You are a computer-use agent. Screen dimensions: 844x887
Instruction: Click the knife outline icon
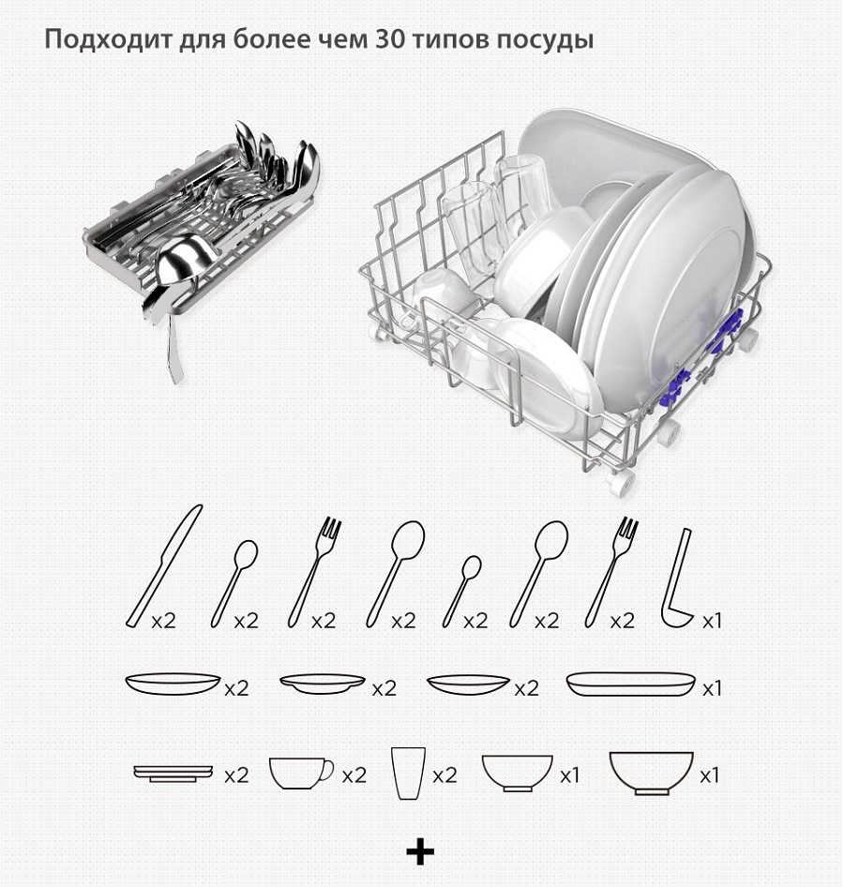pyautogui.click(x=163, y=565)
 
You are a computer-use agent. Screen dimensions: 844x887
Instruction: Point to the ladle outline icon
pyautogui.click(x=676, y=579)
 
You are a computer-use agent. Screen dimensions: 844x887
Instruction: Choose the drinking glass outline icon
pyautogui.click(x=408, y=774)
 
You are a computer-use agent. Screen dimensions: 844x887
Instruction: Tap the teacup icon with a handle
pyautogui.click(x=301, y=774)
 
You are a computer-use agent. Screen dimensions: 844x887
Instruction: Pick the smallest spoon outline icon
pyautogui.click(x=461, y=591)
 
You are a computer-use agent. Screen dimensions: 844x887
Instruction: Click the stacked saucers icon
pyautogui.click(x=173, y=774)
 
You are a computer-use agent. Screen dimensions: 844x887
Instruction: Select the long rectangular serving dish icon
pyautogui.click(x=631, y=684)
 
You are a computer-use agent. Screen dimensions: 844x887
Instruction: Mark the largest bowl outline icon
pyautogui.click(x=651, y=773)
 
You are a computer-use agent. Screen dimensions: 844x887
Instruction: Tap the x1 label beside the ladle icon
pyautogui.click(x=712, y=621)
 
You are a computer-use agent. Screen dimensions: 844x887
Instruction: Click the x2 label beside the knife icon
pyautogui.click(x=163, y=621)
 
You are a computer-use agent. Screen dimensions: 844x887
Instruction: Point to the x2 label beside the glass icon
pyautogui.click(x=445, y=775)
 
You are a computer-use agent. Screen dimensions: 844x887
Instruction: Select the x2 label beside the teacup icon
pyautogui.click(x=354, y=775)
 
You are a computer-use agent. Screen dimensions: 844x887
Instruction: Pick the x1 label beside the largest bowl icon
pyautogui.click(x=709, y=775)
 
